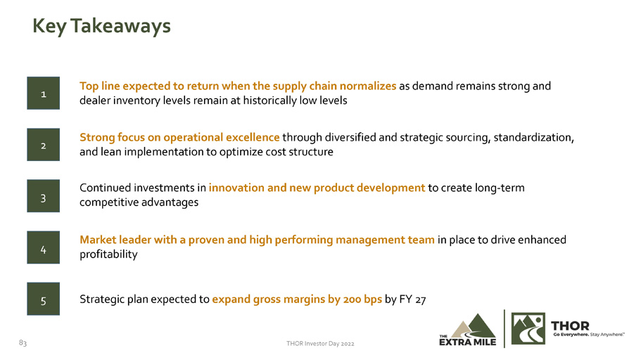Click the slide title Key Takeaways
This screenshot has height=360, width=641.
click(101, 27)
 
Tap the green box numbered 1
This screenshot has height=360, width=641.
click(44, 94)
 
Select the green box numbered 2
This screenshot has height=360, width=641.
click(44, 145)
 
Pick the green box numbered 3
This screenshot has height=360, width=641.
click(44, 195)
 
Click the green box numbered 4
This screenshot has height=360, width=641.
click(44, 247)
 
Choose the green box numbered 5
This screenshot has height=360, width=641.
click(44, 299)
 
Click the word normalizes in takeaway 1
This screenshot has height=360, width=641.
click(368, 86)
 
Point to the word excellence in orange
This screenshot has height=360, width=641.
click(253, 137)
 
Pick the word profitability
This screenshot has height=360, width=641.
click(108, 254)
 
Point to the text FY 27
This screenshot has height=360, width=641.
click(412, 300)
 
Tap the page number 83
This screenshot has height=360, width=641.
click(23, 342)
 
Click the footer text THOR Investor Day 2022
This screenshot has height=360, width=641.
click(320, 344)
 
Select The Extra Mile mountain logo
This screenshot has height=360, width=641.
click(468, 330)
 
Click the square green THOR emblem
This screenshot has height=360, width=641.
click(528, 328)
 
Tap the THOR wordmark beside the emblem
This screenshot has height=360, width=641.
click(570, 326)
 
